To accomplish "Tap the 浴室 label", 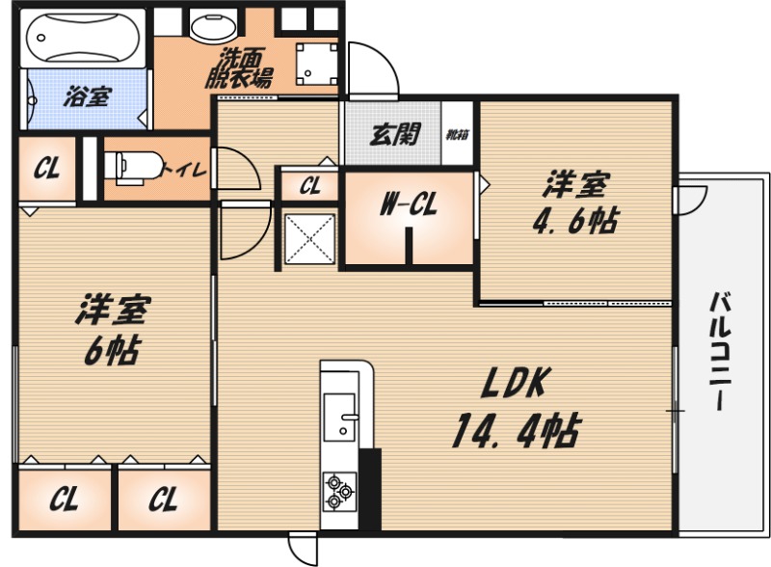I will click(x=87, y=96).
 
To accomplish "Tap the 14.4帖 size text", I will click(x=515, y=430).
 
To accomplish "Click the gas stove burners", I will click(x=338, y=489).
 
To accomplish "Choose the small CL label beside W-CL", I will click(x=309, y=186).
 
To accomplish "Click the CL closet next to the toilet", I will click(x=46, y=170).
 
